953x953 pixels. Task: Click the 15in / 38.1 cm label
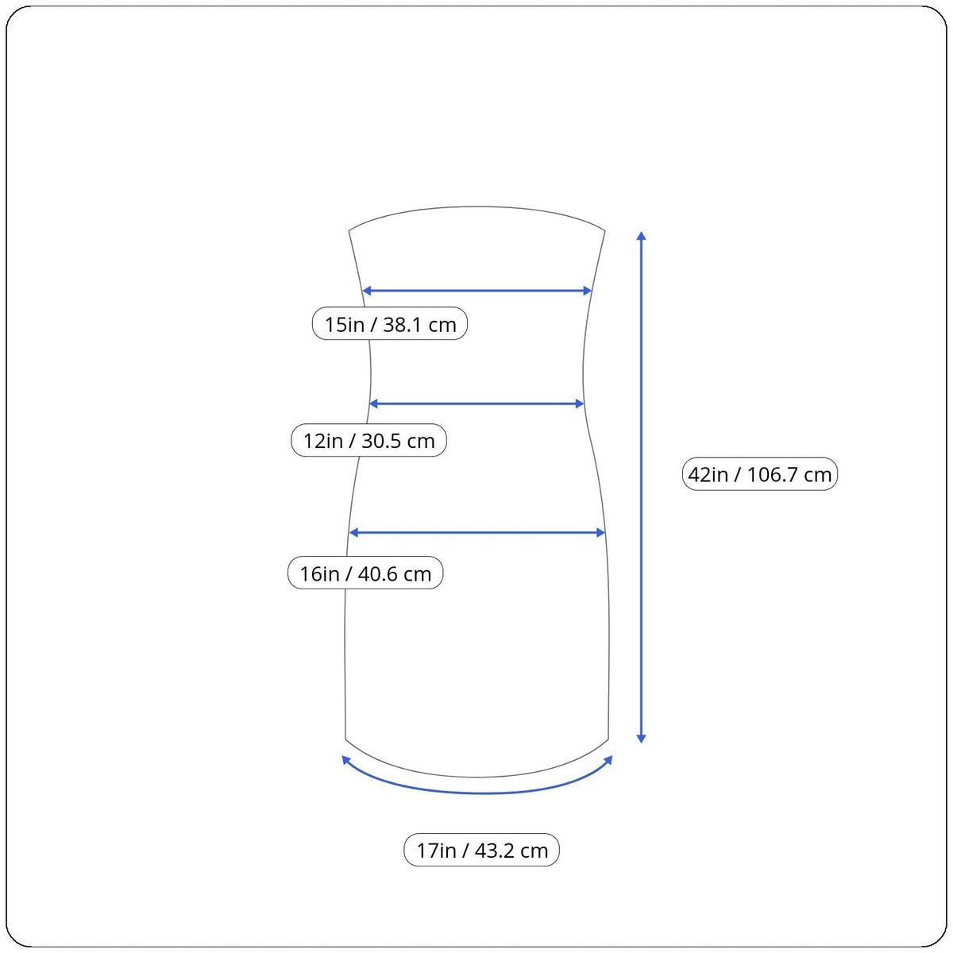390,323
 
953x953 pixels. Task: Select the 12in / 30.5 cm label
368,440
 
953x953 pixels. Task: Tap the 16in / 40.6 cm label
365,573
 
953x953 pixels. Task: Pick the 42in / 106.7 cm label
760,473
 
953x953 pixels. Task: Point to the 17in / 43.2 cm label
482,850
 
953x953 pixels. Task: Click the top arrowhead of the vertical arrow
641,235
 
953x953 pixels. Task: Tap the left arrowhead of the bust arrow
367,291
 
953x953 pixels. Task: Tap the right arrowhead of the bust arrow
588,291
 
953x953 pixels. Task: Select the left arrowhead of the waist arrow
374,403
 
